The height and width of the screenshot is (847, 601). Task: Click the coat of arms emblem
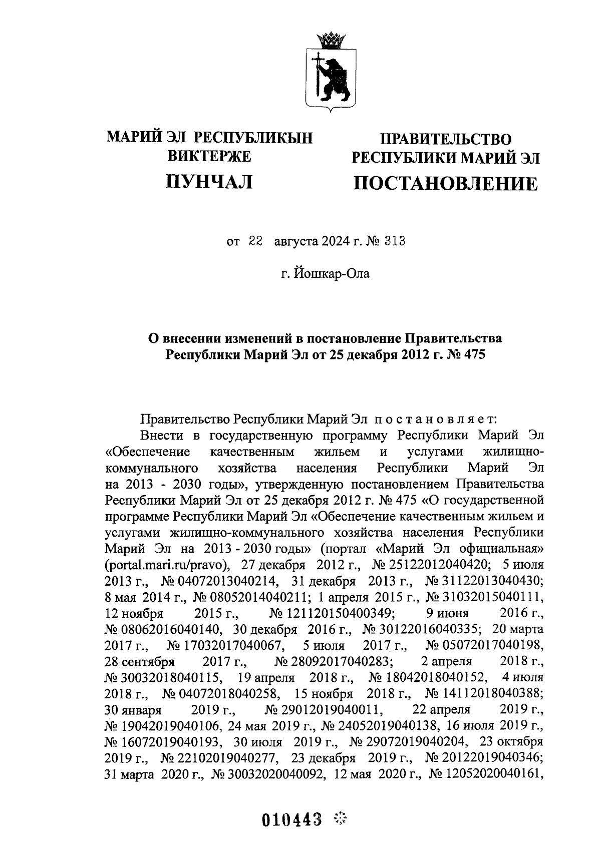(329, 71)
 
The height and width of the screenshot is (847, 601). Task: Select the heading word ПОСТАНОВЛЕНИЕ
(446, 184)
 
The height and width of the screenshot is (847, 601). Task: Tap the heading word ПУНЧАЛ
(209, 181)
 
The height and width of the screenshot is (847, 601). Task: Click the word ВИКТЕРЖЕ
(209, 157)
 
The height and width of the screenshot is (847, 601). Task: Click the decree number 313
(394, 241)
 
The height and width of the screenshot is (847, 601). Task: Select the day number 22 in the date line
(255, 241)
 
